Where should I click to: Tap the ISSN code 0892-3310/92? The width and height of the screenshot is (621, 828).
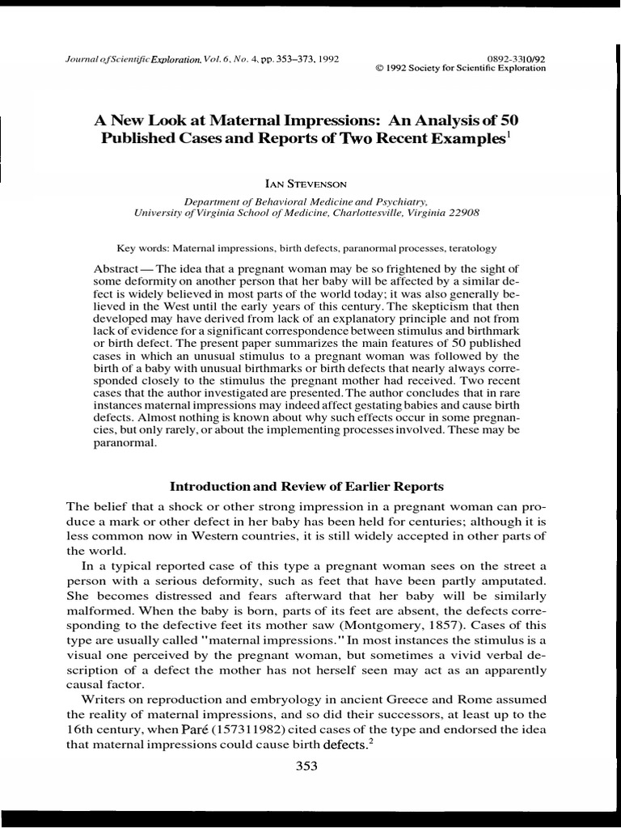517,59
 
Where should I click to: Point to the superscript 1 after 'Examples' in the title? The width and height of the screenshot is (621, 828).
508,133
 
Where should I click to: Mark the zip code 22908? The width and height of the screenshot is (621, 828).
462,213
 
